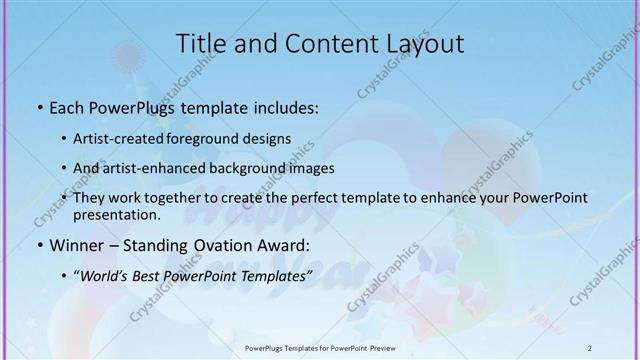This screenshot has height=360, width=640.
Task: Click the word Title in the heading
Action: [x=202, y=44]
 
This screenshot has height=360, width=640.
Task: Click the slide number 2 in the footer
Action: [x=590, y=347]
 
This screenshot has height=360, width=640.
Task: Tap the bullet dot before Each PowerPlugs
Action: [x=39, y=107]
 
